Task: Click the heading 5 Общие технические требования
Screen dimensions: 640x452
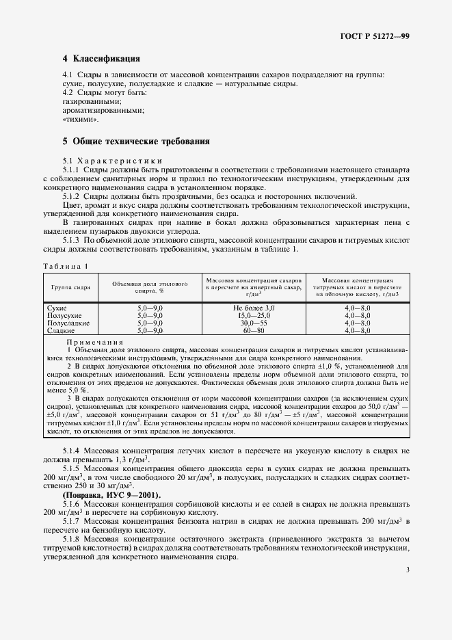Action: tap(135, 142)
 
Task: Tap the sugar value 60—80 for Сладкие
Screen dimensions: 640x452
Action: tap(252, 330)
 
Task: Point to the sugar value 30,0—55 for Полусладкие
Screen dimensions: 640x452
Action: tap(252, 323)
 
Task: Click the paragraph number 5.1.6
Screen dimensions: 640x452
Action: tap(71, 503)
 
